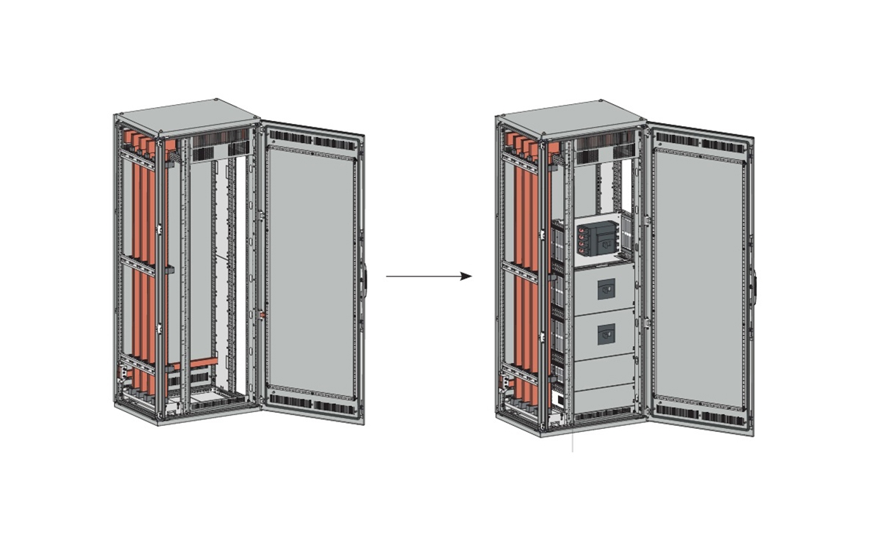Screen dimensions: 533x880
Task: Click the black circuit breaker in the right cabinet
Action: point(602,239)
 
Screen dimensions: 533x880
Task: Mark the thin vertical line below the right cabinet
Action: point(572,440)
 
